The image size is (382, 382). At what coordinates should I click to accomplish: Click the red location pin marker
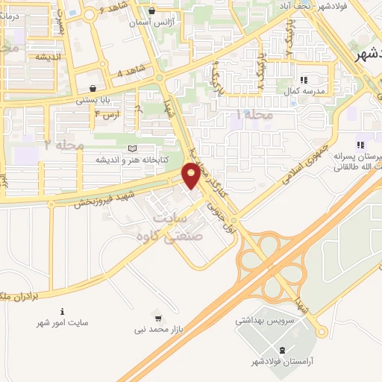click(x=192, y=175)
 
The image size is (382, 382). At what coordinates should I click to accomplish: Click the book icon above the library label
click(x=133, y=149)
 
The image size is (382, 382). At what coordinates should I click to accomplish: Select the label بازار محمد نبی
click(x=158, y=328)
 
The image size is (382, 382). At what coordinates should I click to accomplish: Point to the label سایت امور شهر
click(x=63, y=324)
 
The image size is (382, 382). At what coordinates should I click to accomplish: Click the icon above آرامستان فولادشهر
click(x=281, y=351)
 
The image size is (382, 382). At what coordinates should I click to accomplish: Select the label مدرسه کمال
click(x=302, y=90)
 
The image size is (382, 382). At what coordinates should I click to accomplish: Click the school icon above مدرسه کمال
click(x=303, y=79)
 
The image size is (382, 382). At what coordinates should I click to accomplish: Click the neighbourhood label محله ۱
click(x=255, y=116)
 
